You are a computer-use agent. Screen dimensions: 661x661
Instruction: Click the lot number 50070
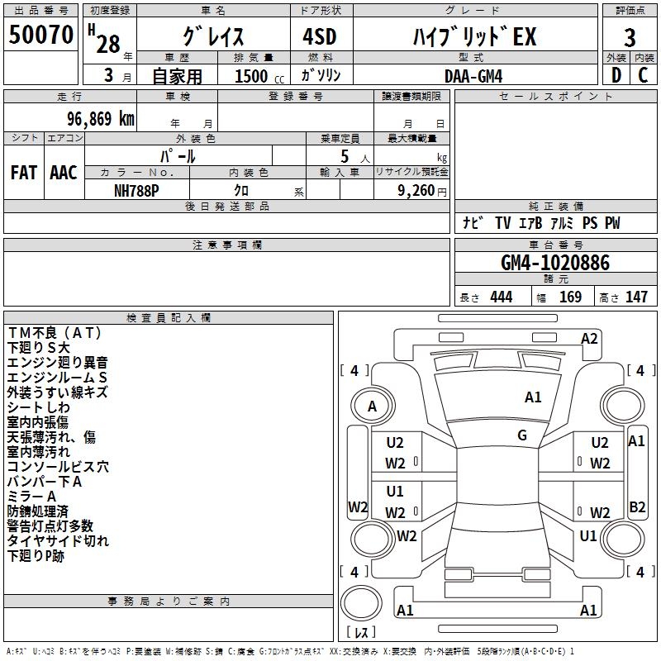click(x=40, y=35)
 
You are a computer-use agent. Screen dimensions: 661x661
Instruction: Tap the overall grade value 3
click(x=630, y=38)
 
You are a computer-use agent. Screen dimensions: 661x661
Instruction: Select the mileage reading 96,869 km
click(x=100, y=119)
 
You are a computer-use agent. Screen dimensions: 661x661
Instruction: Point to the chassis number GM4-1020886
click(x=555, y=262)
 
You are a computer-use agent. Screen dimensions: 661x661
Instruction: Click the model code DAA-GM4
click(x=473, y=76)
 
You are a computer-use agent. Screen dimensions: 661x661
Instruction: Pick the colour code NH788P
click(x=136, y=191)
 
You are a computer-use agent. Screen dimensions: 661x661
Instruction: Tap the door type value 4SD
click(x=320, y=36)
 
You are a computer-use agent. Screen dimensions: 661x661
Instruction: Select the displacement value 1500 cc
click(x=259, y=76)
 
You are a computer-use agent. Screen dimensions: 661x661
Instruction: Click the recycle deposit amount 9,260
click(x=416, y=191)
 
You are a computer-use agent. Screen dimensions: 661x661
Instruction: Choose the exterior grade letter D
click(x=616, y=75)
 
